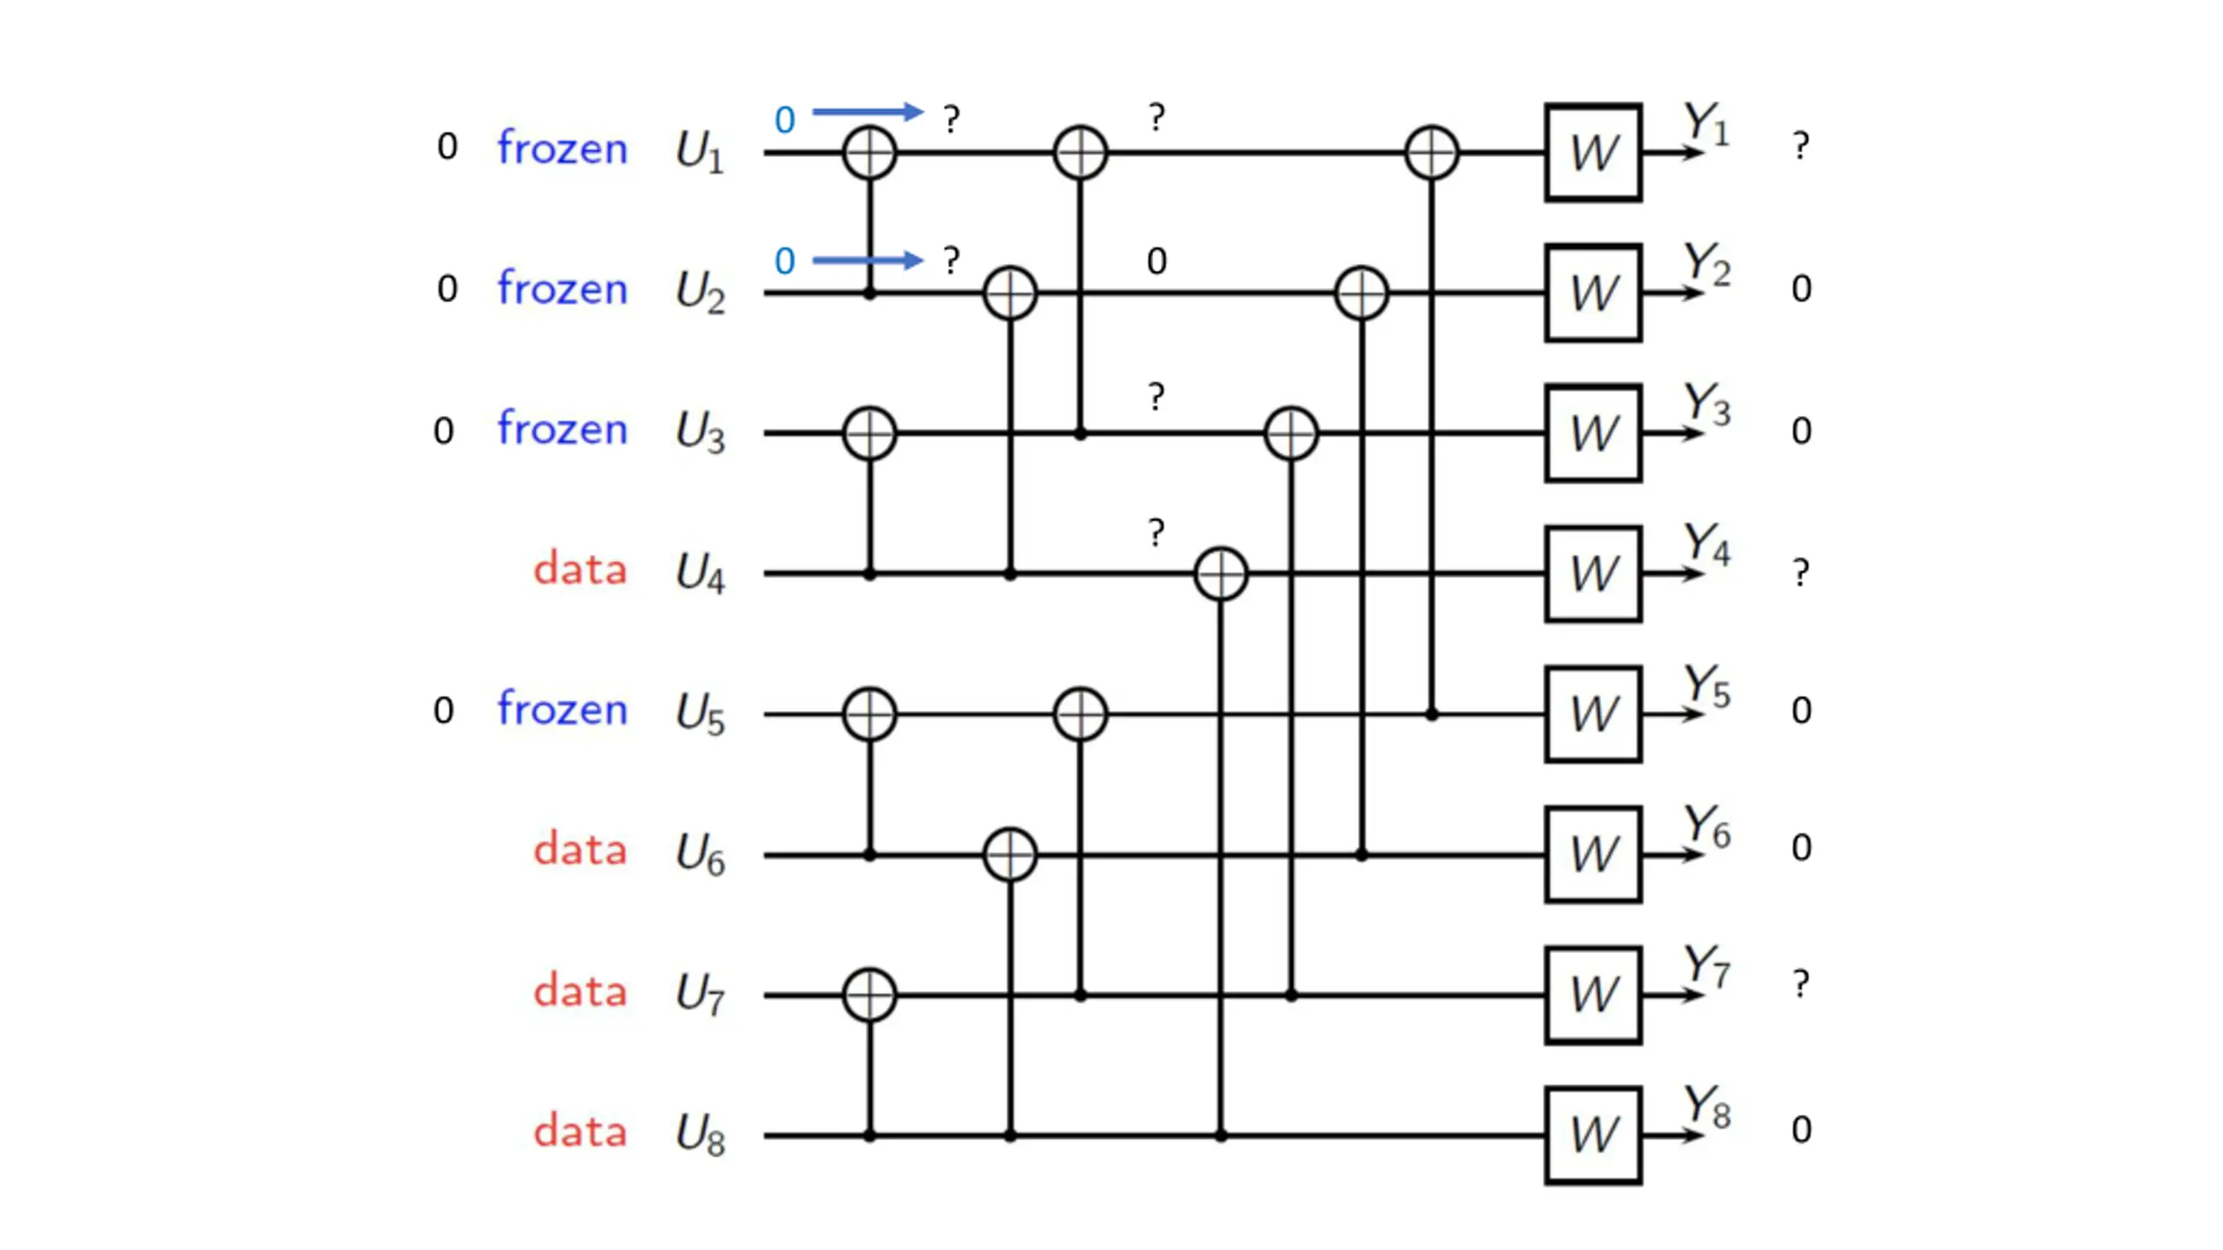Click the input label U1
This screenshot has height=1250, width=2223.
pyautogui.click(x=700, y=152)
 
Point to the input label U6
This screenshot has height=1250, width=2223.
pyautogui.click(x=700, y=854)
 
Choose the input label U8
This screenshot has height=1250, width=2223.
pyautogui.click(x=700, y=1135)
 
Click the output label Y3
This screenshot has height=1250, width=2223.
pyautogui.click(x=1707, y=405)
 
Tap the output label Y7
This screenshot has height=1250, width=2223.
pyautogui.click(x=1707, y=966)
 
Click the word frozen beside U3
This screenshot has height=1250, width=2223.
pyautogui.click(x=562, y=429)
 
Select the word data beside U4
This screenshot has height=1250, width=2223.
pyautogui.click(x=580, y=569)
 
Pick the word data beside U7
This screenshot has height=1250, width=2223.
pyautogui.click(x=580, y=991)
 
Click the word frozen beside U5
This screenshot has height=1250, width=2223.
pyautogui.click(x=562, y=709)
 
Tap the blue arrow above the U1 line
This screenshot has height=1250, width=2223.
pyautogui.click(x=867, y=111)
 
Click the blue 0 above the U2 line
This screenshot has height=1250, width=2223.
pyautogui.click(x=785, y=261)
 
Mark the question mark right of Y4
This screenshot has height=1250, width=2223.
pyautogui.click(x=1801, y=572)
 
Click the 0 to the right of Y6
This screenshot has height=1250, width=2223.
pyautogui.click(x=1802, y=848)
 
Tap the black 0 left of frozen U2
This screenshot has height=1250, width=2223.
pyautogui.click(x=447, y=289)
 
